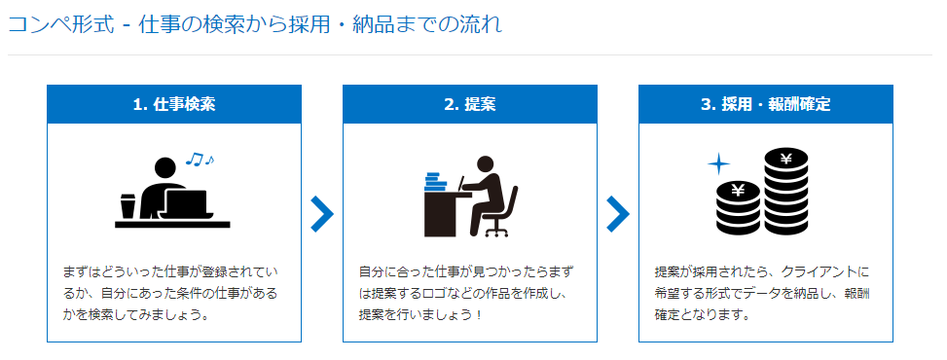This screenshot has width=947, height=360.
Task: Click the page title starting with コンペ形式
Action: pos(255,24)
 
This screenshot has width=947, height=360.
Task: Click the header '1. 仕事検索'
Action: pos(174,104)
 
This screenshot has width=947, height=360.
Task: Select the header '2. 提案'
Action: pos(469,104)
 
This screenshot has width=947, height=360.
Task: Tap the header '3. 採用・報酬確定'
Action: pos(765,104)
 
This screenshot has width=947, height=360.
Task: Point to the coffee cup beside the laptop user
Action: pos(127,206)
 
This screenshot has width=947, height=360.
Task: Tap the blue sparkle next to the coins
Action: pos(718,163)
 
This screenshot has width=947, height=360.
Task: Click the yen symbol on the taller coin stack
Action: pos(785,159)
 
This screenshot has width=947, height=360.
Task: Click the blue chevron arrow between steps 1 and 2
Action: pos(322,214)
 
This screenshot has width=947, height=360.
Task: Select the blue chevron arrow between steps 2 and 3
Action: pos(618,214)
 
